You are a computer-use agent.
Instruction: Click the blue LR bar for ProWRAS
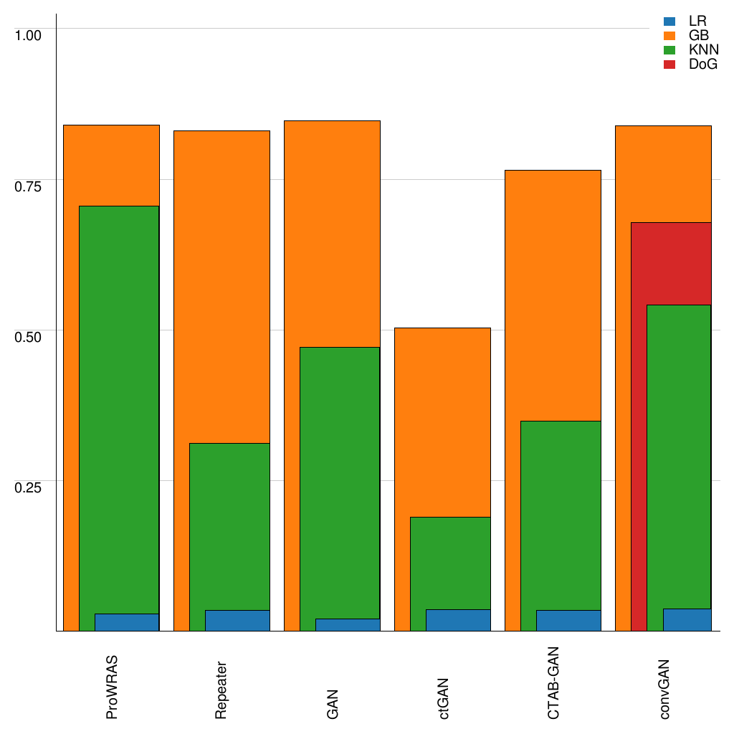tap(127, 622)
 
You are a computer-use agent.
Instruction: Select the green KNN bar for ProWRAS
tap(119, 409)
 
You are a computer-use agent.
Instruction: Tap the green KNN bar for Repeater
tap(229, 527)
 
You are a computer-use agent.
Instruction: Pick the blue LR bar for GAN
tap(348, 625)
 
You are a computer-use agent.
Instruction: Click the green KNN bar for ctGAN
tap(450, 563)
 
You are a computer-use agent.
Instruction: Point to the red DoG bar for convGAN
tap(639, 430)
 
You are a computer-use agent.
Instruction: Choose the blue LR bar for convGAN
tap(687, 620)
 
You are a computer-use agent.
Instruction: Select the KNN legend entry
tap(690, 50)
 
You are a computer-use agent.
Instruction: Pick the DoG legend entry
tap(690, 65)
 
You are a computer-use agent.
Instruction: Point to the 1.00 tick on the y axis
tap(29, 34)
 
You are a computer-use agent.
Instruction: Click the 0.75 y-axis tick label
tap(29, 186)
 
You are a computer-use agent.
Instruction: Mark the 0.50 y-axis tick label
tap(29, 336)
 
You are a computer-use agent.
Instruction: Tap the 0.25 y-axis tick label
tap(29, 487)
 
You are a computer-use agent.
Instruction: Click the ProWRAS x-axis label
tap(112, 687)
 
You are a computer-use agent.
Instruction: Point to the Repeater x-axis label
tap(222, 689)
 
